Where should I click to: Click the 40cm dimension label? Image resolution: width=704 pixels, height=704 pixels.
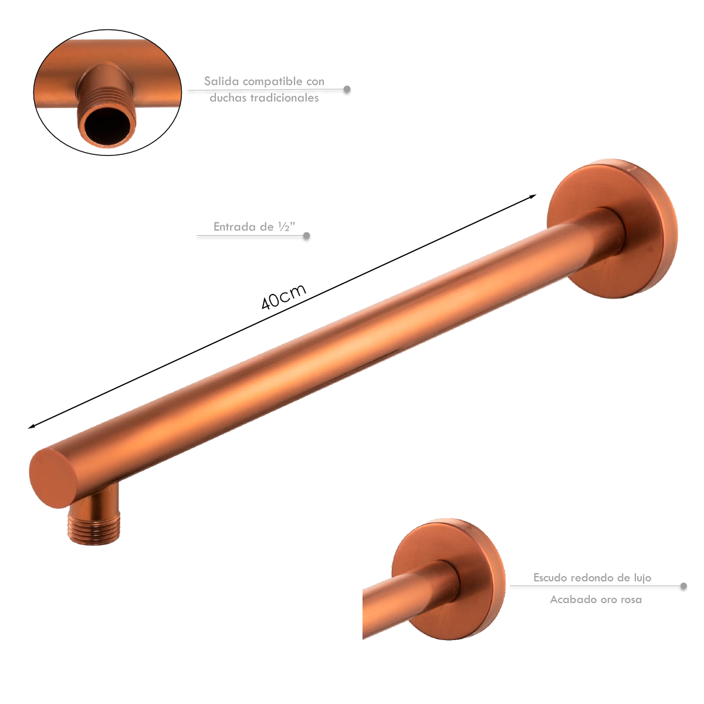pyautogui.click(x=283, y=297)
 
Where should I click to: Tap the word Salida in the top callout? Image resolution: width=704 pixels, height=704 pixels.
pyautogui.click(x=221, y=82)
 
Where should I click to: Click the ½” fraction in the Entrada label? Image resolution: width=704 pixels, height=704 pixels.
pyautogui.click(x=286, y=227)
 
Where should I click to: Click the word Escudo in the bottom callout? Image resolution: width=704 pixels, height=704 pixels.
pyautogui.click(x=550, y=578)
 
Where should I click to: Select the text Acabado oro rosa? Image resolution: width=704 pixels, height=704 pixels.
pyautogui.click(x=595, y=600)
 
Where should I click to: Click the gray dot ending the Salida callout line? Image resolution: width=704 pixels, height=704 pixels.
pyautogui.click(x=347, y=90)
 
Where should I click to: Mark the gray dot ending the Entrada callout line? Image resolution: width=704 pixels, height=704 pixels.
pyautogui.click(x=306, y=236)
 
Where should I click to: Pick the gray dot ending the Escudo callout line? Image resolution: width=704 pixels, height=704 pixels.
pyautogui.click(x=683, y=586)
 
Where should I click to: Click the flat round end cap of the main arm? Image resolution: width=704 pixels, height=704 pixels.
pyautogui.click(x=53, y=478)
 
